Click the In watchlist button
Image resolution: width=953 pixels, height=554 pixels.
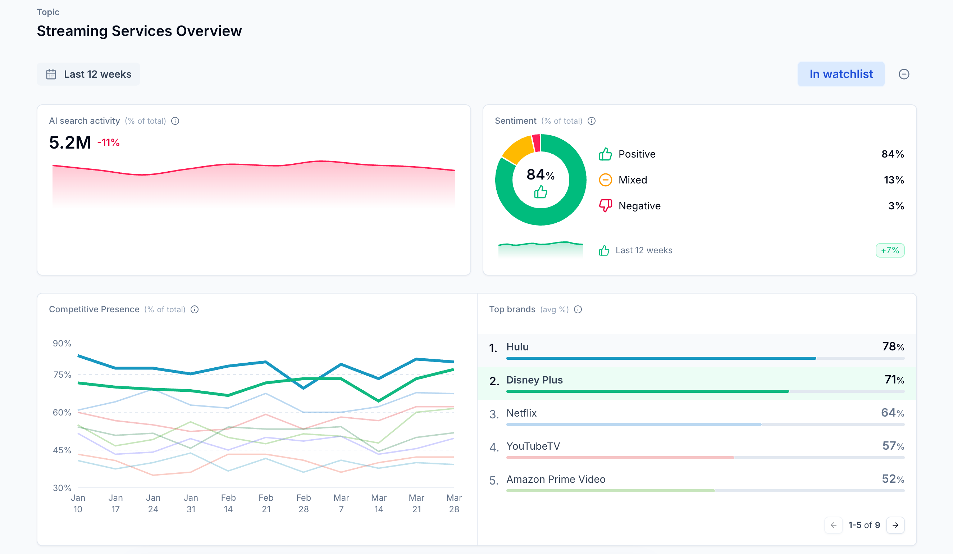pyautogui.click(x=841, y=74)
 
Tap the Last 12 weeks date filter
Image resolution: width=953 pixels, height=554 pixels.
pyautogui.click(x=88, y=74)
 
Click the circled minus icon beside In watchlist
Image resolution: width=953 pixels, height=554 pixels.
pyautogui.click(x=903, y=74)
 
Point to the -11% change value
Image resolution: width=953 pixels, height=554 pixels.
pyautogui.click(x=109, y=143)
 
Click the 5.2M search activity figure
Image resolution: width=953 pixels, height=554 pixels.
pyautogui.click(x=70, y=143)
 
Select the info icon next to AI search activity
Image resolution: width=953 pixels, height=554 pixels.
pyautogui.click(x=175, y=121)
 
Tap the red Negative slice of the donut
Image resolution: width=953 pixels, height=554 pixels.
pyautogui.click(x=536, y=143)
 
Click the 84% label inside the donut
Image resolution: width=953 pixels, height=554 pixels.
pyautogui.click(x=540, y=175)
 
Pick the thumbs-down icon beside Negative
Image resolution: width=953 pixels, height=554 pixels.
pyautogui.click(x=605, y=205)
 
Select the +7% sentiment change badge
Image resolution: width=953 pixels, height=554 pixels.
pyautogui.click(x=889, y=250)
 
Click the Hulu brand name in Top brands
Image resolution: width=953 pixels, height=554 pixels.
pyautogui.click(x=517, y=347)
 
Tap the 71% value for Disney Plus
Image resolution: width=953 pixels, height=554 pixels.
pyautogui.click(x=894, y=380)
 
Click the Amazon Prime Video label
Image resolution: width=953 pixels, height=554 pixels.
pyautogui.click(x=556, y=480)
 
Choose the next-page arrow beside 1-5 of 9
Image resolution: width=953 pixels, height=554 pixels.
pyautogui.click(x=895, y=525)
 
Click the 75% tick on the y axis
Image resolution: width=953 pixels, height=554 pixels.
pyautogui.click(x=62, y=374)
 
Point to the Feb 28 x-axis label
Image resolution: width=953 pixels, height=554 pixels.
pyautogui.click(x=303, y=503)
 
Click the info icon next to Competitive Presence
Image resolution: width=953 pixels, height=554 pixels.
pyautogui.click(x=195, y=309)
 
